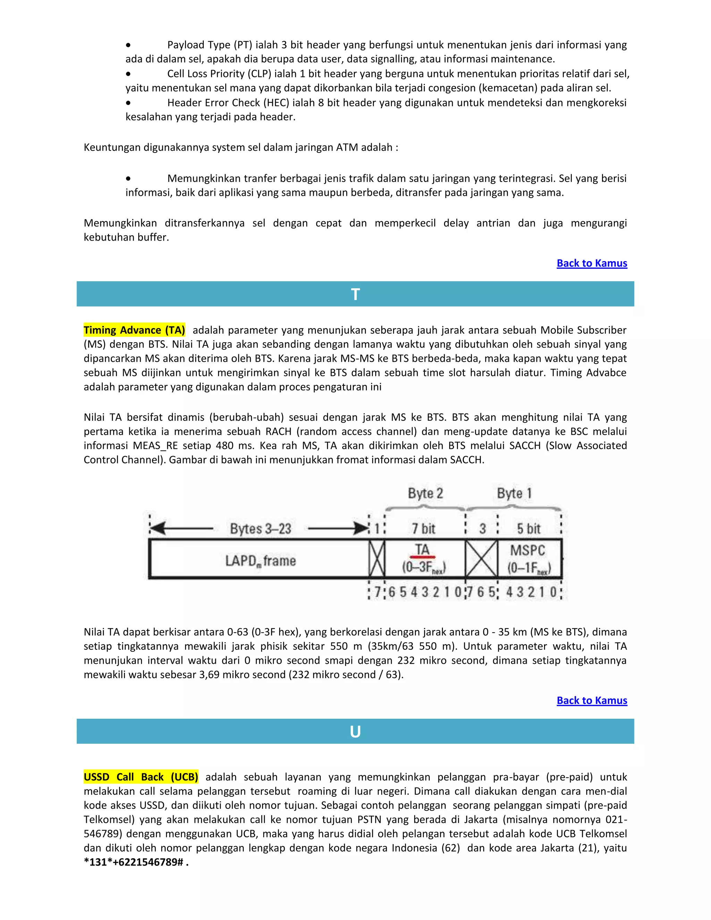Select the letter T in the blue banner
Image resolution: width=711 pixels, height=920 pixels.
pyautogui.click(x=355, y=294)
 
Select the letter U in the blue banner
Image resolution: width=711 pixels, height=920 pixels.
pyautogui.click(x=355, y=732)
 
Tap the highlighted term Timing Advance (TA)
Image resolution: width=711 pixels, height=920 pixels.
pyautogui.click(x=134, y=330)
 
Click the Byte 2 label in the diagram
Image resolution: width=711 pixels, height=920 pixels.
pyautogui.click(x=425, y=493)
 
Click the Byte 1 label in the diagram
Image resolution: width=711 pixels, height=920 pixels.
pyautogui.click(x=514, y=493)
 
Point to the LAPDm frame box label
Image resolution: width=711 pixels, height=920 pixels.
pyautogui.click(x=260, y=561)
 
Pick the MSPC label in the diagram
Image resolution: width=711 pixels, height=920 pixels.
pyautogui.click(x=527, y=550)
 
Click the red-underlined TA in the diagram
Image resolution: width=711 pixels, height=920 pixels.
pyautogui.click(x=423, y=550)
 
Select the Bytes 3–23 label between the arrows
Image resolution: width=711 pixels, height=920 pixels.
pyautogui.click(x=260, y=529)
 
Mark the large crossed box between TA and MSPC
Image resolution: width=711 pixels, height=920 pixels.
pyautogui.click(x=482, y=559)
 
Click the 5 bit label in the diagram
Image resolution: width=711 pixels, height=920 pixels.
pyautogui.click(x=529, y=529)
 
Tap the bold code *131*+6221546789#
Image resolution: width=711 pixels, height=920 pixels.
pyautogui.click(x=134, y=862)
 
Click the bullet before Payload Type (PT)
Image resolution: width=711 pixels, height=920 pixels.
pyautogui.click(x=128, y=45)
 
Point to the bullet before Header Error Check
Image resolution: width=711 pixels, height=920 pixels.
pyautogui.click(x=128, y=103)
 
